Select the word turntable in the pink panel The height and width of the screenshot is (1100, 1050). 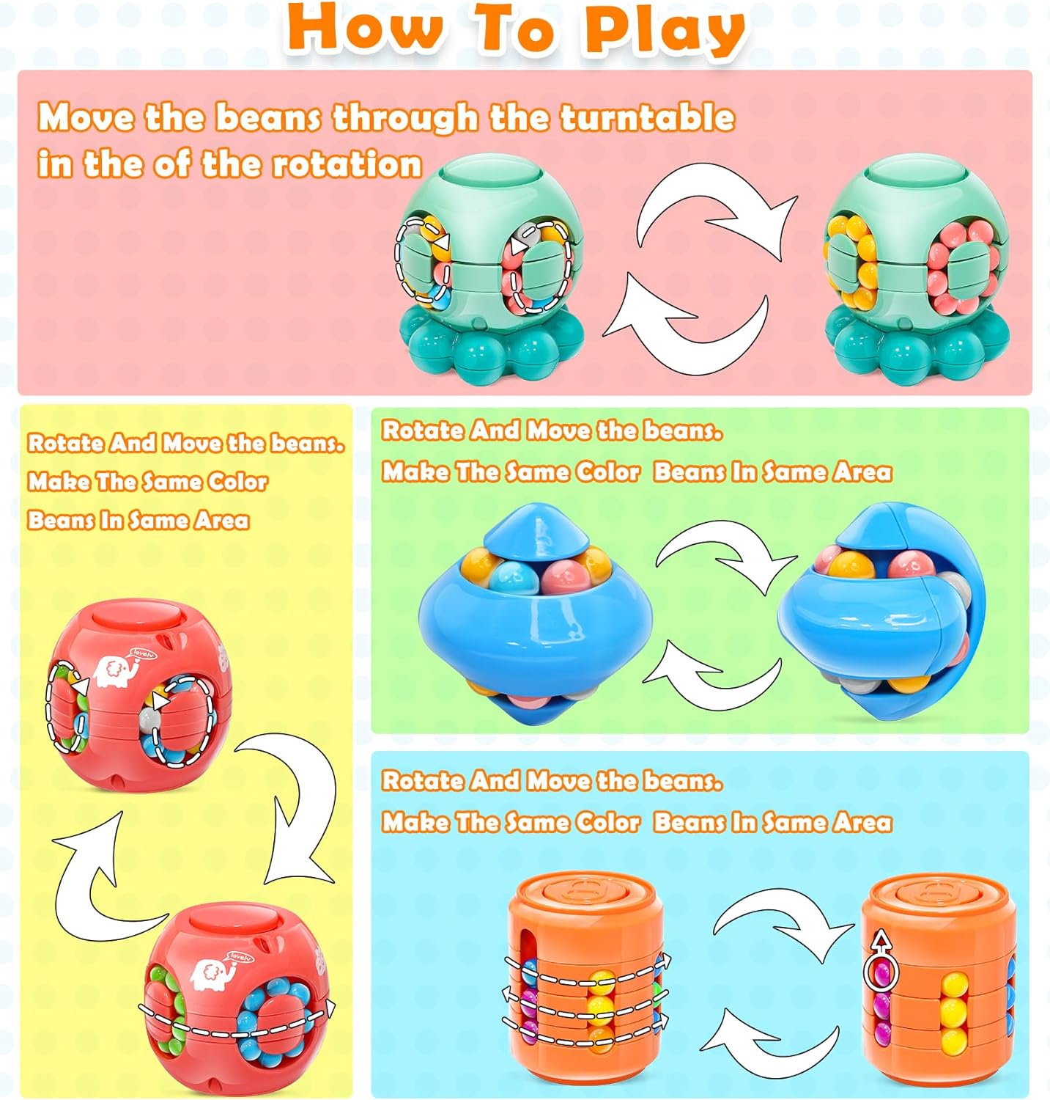(x=648, y=117)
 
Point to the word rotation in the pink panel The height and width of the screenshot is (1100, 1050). (x=347, y=164)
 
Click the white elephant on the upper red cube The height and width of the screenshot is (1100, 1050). (x=117, y=668)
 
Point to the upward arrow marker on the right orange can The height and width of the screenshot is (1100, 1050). (x=881, y=942)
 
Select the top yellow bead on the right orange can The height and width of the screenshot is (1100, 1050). (x=953, y=984)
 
